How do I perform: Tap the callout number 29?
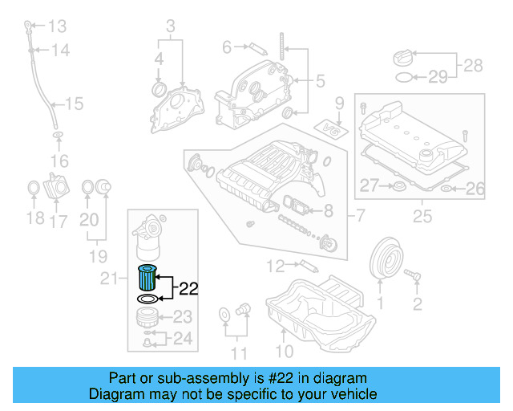438,77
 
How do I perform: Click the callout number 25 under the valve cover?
421,216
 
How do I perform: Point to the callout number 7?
360,214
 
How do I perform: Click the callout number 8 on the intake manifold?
327,212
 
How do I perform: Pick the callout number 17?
59,221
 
